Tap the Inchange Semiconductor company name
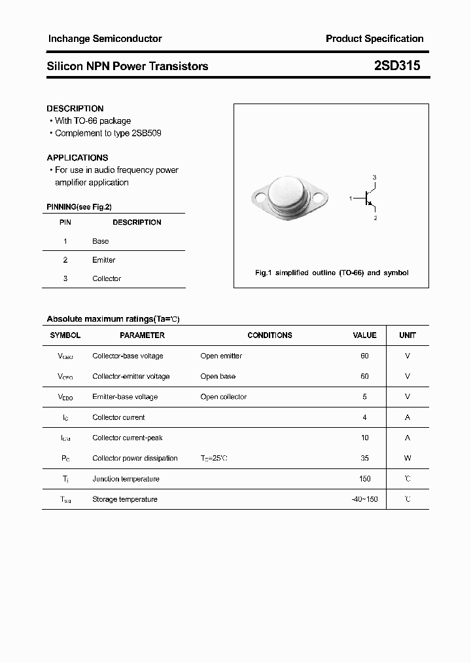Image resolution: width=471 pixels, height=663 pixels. [x=105, y=39]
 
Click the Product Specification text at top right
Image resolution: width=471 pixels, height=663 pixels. [x=374, y=39]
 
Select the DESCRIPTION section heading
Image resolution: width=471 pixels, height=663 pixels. [x=75, y=108]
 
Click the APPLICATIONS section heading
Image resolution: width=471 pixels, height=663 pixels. [x=77, y=157]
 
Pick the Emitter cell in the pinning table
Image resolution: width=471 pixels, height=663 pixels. [x=103, y=260]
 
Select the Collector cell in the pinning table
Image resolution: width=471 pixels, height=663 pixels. [x=107, y=278]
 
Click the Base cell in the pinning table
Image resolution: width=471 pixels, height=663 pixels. [x=100, y=241]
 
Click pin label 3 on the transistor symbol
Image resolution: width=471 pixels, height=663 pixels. [x=374, y=178]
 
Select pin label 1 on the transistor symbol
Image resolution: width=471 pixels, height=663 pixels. [x=351, y=198]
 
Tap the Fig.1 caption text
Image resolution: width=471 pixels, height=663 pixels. [x=331, y=273]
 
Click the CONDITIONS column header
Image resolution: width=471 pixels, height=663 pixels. [x=270, y=335]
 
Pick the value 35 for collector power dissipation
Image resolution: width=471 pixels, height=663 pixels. [x=364, y=458]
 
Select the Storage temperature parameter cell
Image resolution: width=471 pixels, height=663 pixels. [x=125, y=499]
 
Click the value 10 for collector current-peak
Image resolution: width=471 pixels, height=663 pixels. [x=364, y=438]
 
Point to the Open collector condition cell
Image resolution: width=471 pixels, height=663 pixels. [x=224, y=397]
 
